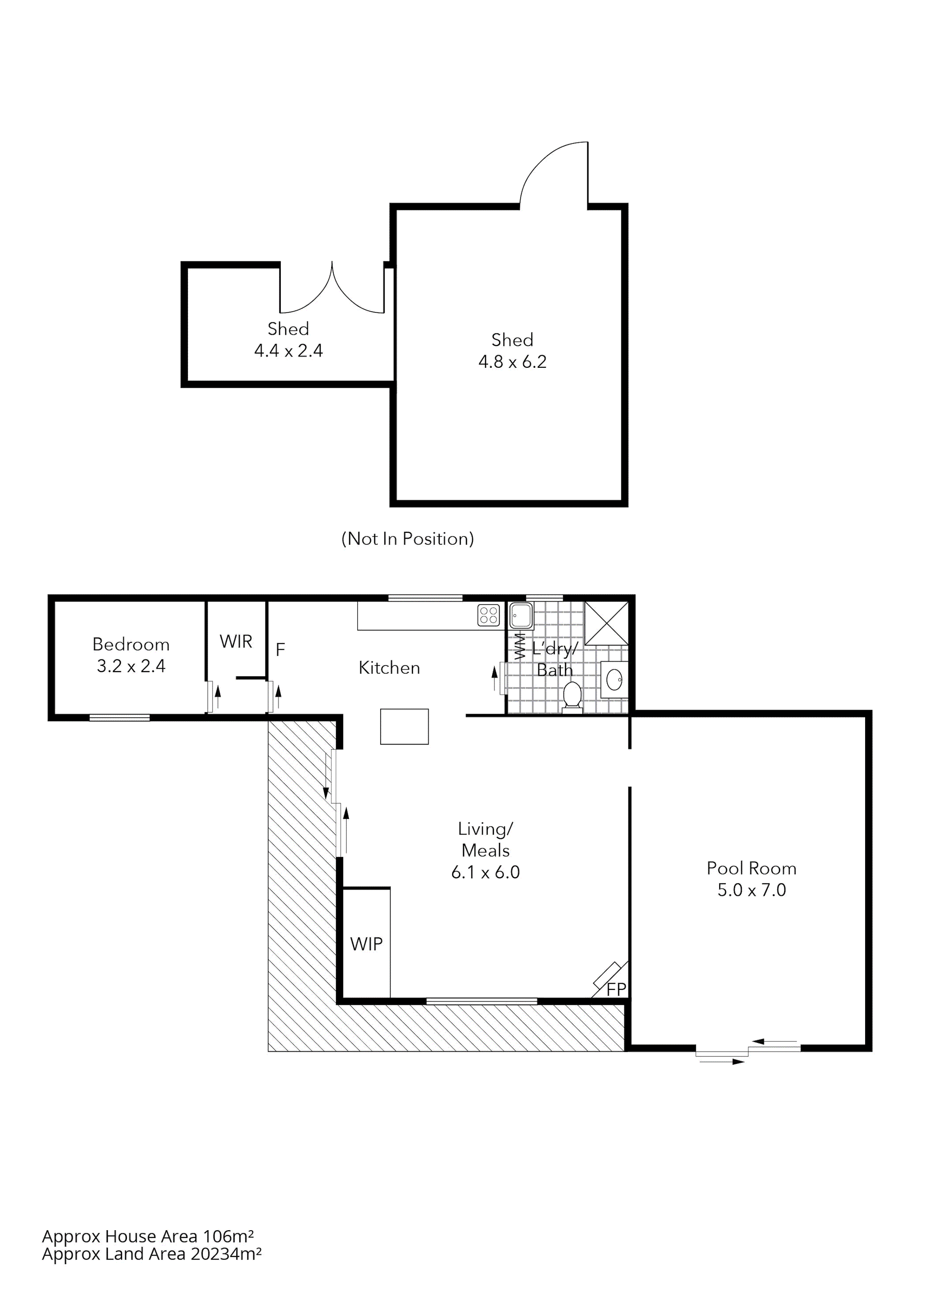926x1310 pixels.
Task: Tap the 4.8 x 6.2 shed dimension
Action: tap(512, 362)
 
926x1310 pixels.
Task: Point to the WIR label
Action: tap(235, 641)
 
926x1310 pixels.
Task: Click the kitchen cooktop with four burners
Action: tap(489, 615)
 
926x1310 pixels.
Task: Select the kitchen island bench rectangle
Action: tap(404, 726)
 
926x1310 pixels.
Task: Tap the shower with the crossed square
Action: tap(606, 623)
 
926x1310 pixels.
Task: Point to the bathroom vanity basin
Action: tap(614, 680)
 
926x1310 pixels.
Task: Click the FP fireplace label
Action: tap(616, 989)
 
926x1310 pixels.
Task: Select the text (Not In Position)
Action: tap(407, 539)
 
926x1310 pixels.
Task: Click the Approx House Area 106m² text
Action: tap(148, 1236)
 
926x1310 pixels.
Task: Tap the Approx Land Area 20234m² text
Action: tap(152, 1254)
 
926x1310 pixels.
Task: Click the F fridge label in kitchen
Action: tap(280, 649)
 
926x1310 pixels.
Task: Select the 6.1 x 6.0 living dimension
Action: tap(485, 872)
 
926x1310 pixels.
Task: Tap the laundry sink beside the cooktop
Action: tap(520, 615)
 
